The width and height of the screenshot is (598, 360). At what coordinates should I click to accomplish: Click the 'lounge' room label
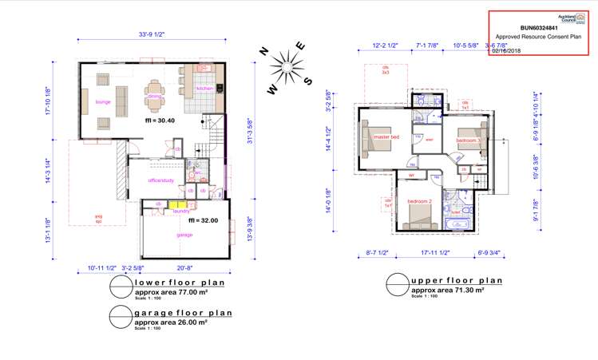(102, 102)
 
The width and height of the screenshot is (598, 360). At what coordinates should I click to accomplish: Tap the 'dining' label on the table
(154, 97)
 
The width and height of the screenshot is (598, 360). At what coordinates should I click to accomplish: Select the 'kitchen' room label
(204, 89)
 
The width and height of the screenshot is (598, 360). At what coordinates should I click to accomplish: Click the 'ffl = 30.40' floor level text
(160, 121)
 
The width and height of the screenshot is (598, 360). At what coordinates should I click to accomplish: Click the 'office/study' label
(160, 180)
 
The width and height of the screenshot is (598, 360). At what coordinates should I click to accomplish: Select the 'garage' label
(184, 235)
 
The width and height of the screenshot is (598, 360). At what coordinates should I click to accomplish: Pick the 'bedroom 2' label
(419, 201)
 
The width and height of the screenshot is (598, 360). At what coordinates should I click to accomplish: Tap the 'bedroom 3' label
(468, 140)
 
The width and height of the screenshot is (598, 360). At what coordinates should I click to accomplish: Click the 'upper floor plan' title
(456, 281)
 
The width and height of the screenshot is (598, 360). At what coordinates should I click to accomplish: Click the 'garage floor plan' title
(183, 313)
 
